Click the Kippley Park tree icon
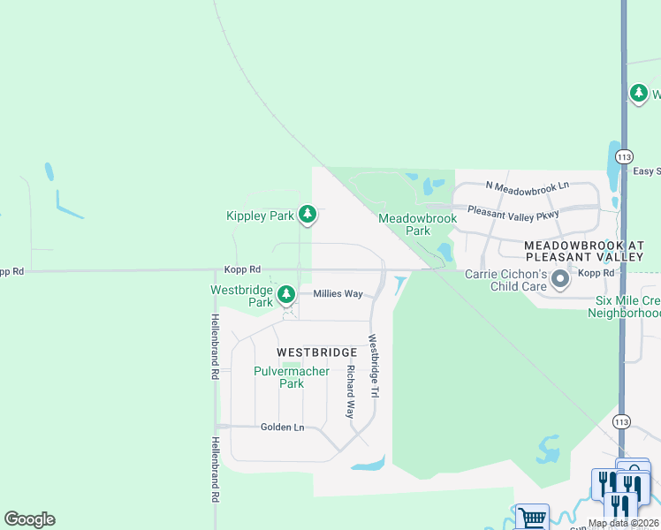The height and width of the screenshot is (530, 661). pyautogui.click(x=308, y=213)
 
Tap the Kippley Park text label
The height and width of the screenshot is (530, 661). pyautogui.click(x=260, y=216)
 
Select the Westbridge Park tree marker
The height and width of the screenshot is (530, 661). pyautogui.click(x=285, y=294)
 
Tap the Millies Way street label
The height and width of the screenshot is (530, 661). pyautogui.click(x=338, y=293)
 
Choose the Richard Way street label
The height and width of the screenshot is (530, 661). pyautogui.click(x=351, y=391)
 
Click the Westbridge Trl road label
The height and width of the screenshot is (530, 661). pyautogui.click(x=374, y=365)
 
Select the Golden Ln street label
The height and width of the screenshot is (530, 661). pyautogui.click(x=282, y=428)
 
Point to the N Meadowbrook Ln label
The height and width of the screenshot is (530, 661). pyautogui.click(x=528, y=186)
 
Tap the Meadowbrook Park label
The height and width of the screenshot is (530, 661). pyautogui.click(x=417, y=224)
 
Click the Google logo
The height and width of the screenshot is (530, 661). pyautogui.click(x=29, y=519)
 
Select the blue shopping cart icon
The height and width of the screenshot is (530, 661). pyautogui.click(x=531, y=518)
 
